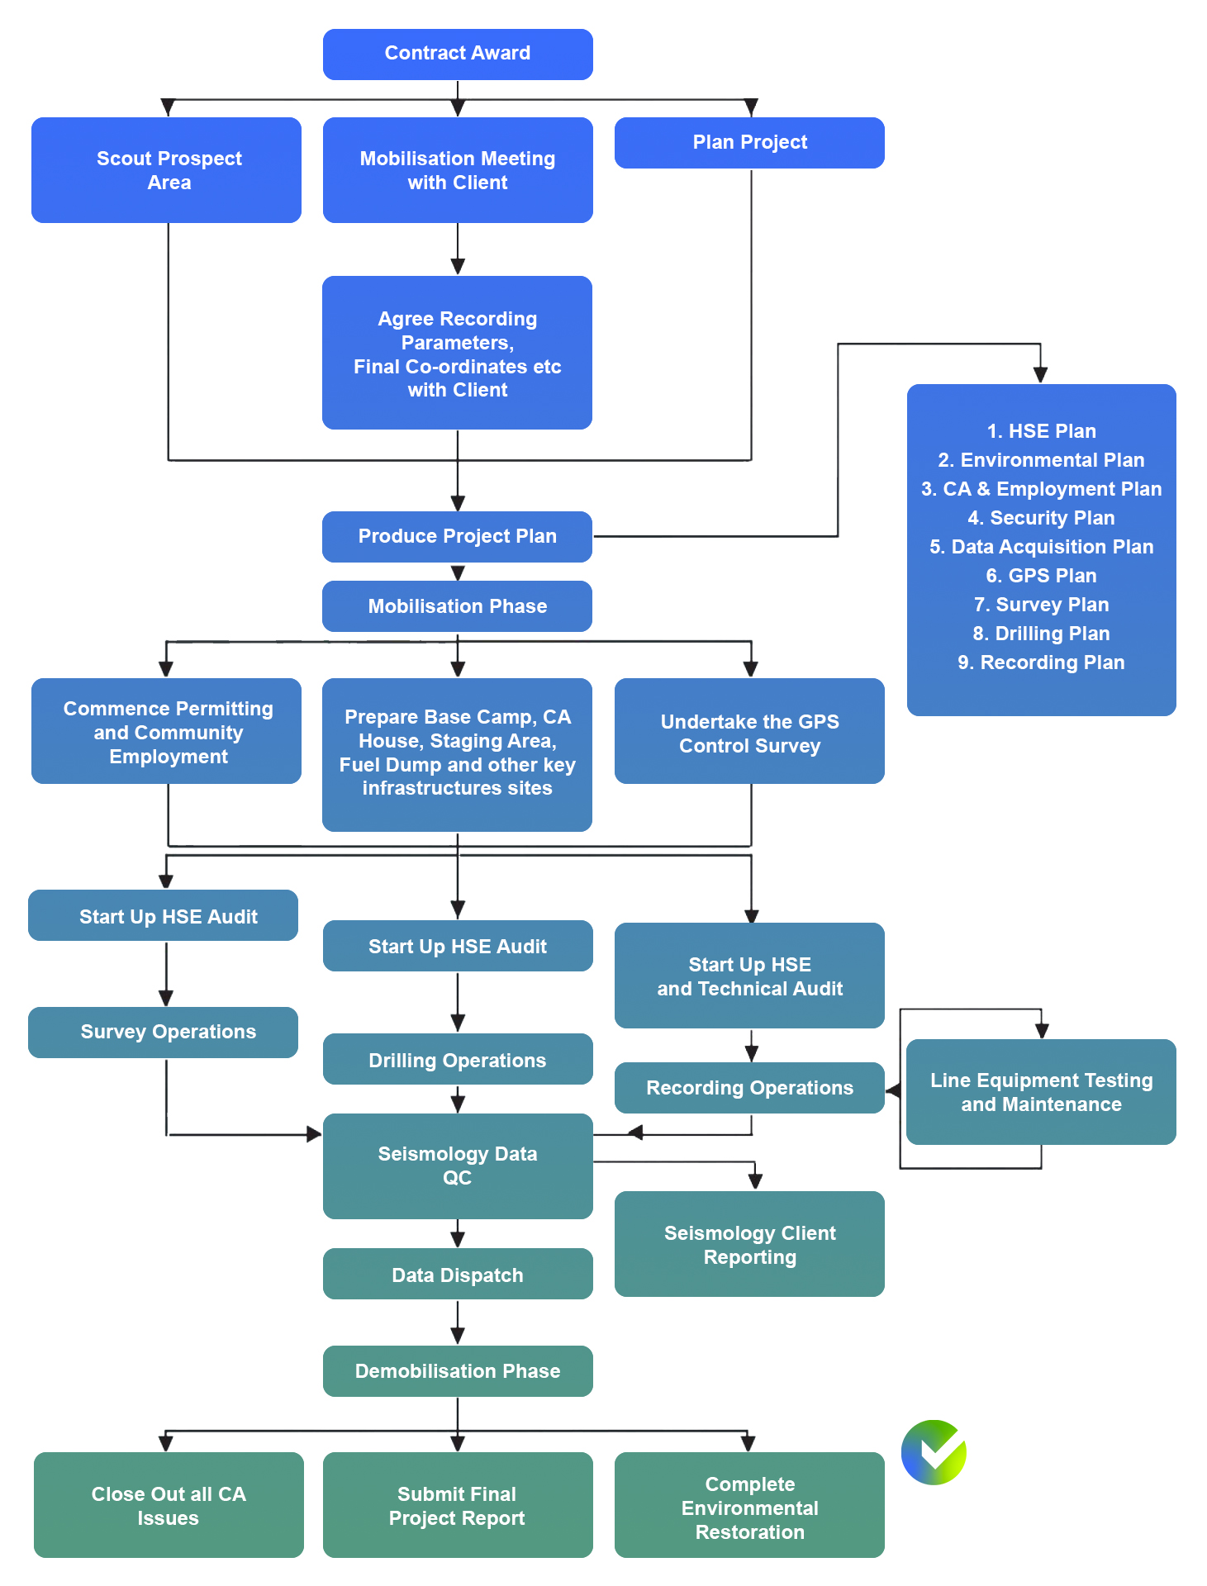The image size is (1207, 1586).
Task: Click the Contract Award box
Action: pos(458,55)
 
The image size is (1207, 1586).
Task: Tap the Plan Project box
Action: pos(749,143)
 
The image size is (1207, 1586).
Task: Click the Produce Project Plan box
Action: pos(457,537)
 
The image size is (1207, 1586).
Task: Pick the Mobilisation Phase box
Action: pos(457,606)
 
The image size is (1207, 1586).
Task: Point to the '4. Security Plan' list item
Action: pos(1041,518)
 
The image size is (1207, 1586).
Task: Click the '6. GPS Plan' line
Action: pos(1041,576)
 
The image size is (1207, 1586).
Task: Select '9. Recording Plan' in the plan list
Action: pos(1041,662)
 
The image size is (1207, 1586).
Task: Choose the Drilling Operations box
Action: pos(458,1059)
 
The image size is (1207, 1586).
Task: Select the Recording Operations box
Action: pos(749,1088)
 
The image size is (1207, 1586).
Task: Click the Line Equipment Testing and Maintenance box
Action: pos(1041,1092)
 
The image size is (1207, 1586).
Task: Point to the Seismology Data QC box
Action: pos(458,1166)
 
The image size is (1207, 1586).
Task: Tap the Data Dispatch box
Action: pos(458,1274)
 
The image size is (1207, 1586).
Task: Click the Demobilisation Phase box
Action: pos(458,1371)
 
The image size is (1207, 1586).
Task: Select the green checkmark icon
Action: pos(934,1452)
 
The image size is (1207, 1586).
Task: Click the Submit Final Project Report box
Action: pos(458,1505)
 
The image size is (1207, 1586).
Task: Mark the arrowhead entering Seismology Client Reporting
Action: pos(755,1181)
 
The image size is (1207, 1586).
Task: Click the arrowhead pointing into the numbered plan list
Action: pos(1041,375)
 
